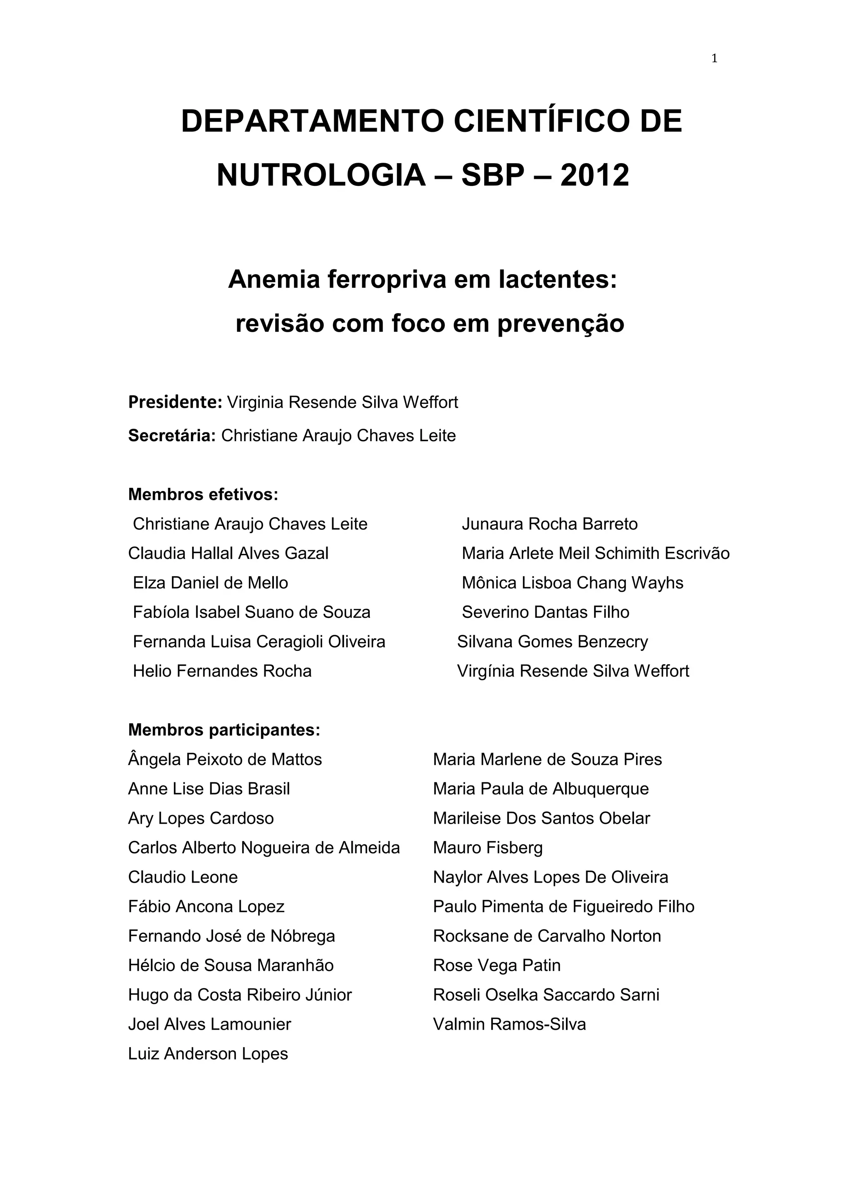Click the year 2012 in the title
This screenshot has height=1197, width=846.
[x=594, y=175]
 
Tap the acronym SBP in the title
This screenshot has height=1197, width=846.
[x=492, y=175]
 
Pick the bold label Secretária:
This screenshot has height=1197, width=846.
[x=171, y=435]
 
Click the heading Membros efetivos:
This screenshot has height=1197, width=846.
[x=203, y=494]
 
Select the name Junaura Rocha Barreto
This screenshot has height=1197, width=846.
[x=549, y=524]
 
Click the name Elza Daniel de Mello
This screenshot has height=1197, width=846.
[x=210, y=583]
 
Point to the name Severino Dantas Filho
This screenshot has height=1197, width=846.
[x=545, y=612]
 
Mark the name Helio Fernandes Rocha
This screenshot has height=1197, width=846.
[x=222, y=671]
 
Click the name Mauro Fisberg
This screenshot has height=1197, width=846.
[x=487, y=848]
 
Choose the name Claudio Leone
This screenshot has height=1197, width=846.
[x=183, y=877]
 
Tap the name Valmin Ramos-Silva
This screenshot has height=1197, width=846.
[x=509, y=1024]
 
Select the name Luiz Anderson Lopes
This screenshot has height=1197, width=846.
[x=208, y=1054]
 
